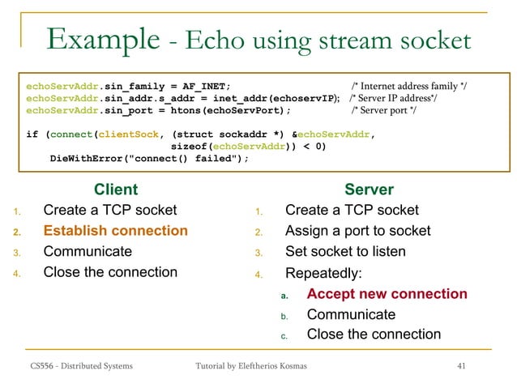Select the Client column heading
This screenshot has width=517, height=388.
(116, 190)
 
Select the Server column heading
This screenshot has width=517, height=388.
(369, 190)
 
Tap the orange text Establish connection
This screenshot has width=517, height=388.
(110, 231)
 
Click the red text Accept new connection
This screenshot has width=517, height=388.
(387, 294)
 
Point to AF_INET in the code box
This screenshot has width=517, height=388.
(202, 86)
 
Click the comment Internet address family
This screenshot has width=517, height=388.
(414, 86)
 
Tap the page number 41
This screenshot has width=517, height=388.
(462, 367)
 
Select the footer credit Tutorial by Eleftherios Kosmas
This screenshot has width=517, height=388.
(251, 367)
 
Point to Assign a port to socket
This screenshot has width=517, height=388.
(357, 231)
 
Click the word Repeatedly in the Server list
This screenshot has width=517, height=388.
(323, 273)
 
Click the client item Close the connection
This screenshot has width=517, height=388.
(110, 271)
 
